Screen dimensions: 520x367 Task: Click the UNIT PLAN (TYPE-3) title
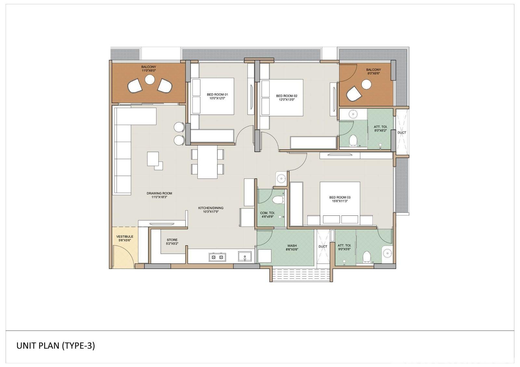(x=56, y=346)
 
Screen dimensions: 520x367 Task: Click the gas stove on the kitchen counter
(x=217, y=257)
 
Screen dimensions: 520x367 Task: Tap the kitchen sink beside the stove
(x=245, y=256)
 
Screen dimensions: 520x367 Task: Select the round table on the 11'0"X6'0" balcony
(x=150, y=80)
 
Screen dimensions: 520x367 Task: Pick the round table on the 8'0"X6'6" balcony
(x=366, y=84)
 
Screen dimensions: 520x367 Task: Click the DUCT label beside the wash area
(x=323, y=247)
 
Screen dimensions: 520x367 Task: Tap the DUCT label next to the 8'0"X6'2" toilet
(x=402, y=133)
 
